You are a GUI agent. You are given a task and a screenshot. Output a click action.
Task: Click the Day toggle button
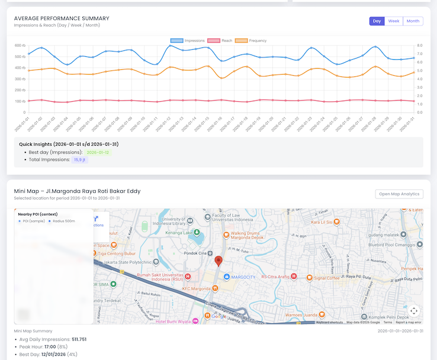tap(377, 21)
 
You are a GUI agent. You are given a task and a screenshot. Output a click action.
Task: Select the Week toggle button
tap(394, 21)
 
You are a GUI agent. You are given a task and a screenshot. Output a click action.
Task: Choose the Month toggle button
tap(413, 21)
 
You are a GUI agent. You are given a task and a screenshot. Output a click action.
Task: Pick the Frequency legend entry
tap(251, 41)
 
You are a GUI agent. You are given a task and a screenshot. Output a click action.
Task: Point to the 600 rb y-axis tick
tap(20, 45)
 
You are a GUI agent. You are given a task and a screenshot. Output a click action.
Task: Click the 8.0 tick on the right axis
tap(419, 45)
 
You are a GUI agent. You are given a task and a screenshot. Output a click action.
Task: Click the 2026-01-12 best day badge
tap(98, 152)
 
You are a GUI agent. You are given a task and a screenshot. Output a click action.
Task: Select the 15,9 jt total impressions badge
tap(80, 160)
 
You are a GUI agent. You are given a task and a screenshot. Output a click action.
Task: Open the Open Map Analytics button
tap(399, 194)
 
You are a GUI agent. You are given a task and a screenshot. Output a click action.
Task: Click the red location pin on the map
tap(218, 261)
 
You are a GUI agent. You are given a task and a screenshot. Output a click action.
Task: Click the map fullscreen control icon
tap(414, 311)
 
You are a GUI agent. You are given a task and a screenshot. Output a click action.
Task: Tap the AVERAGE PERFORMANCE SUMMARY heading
tap(62, 18)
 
